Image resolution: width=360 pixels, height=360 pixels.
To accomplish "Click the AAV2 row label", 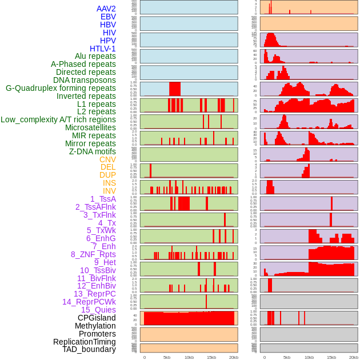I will pyautogui.click(x=106, y=9).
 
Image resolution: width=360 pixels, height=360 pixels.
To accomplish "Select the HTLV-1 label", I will pyautogui.click(x=103, y=49).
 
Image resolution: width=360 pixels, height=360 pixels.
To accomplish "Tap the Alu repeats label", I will pyautogui.click(x=95, y=57).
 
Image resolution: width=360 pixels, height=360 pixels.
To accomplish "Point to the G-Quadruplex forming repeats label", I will pyautogui.click(x=61, y=89).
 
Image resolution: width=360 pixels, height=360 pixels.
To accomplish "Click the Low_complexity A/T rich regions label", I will pyautogui.click(x=58, y=119).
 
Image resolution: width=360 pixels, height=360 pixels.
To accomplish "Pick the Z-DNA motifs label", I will pyautogui.click(x=93, y=151).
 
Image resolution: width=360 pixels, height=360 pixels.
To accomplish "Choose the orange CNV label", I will pyautogui.click(x=107, y=159).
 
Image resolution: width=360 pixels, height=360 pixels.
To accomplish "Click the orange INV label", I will pyautogui.click(x=109, y=191).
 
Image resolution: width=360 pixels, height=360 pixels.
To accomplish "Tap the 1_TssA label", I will pyautogui.click(x=103, y=199).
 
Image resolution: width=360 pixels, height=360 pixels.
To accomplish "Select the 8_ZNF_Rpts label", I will pyautogui.click(x=93, y=254).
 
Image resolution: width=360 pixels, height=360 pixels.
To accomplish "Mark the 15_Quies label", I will pyautogui.click(x=98, y=310).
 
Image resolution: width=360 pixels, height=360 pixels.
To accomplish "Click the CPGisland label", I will pyautogui.click(x=97, y=318).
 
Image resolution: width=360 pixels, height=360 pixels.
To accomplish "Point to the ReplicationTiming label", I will pyautogui.click(x=85, y=342).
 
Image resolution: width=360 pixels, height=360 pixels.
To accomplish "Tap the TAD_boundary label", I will pyautogui.click(x=89, y=349).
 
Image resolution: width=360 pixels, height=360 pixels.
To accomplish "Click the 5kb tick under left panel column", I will pyautogui.click(x=167, y=357).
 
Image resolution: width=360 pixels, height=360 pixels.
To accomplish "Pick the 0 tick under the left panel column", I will pyautogui.click(x=144, y=357).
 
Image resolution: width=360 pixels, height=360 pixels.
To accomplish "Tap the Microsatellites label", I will pyautogui.click(x=90, y=127).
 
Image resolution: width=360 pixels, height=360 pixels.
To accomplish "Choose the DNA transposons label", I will pyautogui.click(x=85, y=80).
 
